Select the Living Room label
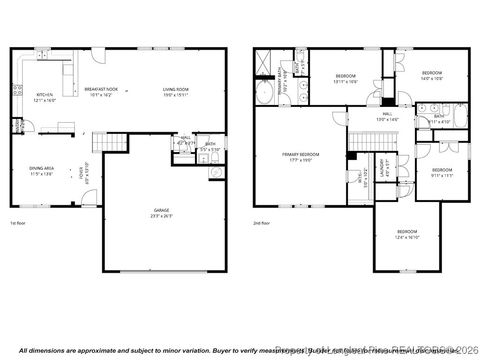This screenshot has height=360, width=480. click(176, 92)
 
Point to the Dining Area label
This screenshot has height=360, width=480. click(42, 171)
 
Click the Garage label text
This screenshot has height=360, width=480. click(161, 213)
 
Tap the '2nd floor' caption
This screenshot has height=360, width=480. click(262, 223)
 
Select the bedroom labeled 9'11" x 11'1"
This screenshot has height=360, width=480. click(441, 173)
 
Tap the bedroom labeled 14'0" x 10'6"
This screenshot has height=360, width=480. click(431, 76)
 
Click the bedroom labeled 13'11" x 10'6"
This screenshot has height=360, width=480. click(346, 79)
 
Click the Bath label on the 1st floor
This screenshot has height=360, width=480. click(209, 147)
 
